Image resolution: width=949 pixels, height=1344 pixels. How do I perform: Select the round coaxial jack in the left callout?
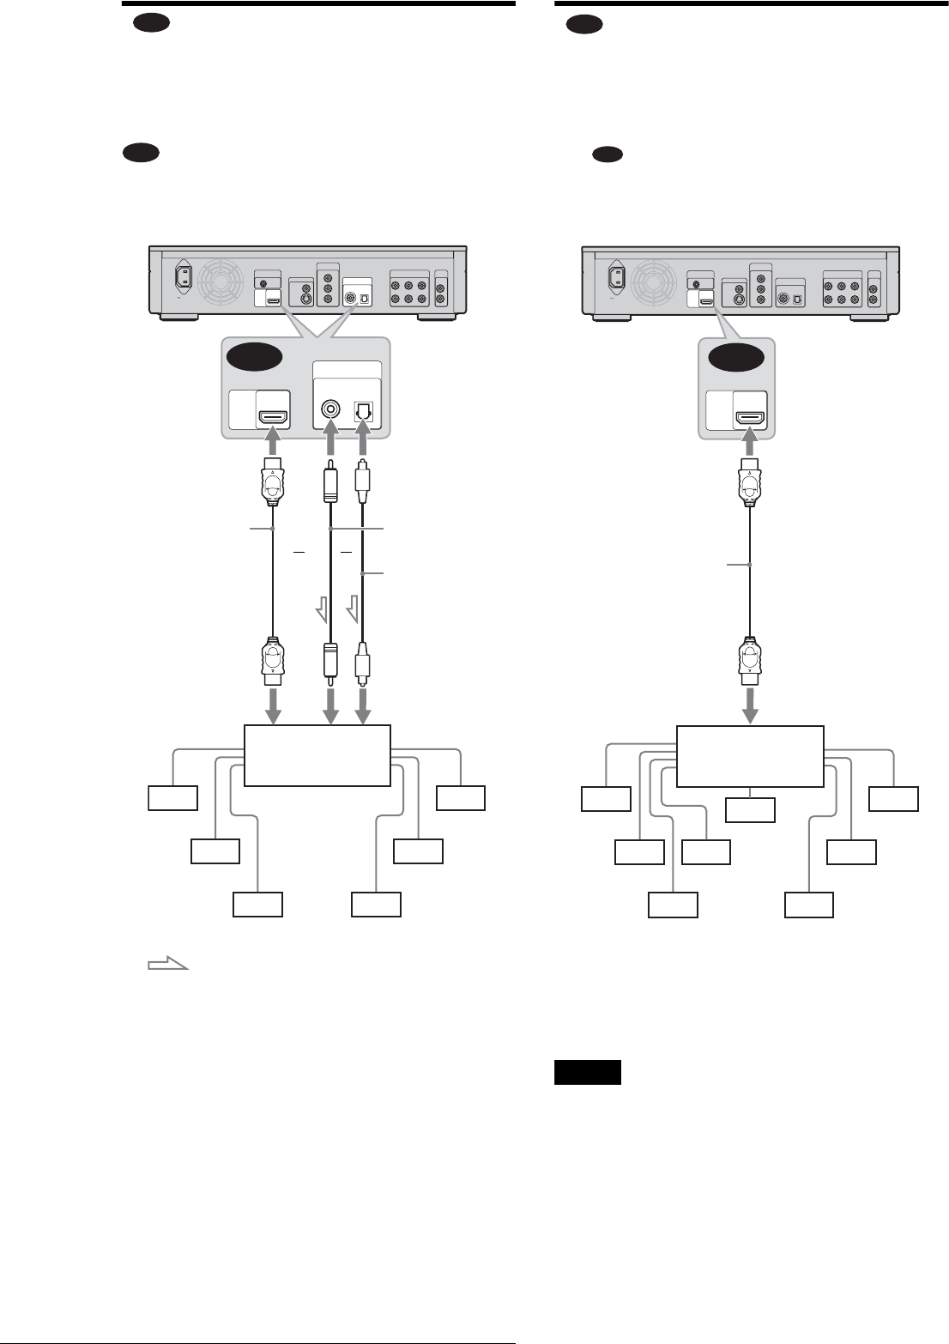[x=328, y=410]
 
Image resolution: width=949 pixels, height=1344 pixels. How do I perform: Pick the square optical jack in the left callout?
[x=364, y=410]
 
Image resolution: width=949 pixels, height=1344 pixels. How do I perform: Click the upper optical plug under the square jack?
[x=364, y=486]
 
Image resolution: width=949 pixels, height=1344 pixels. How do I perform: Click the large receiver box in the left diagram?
[x=317, y=754]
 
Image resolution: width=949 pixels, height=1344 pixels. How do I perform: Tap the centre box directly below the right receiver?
[x=750, y=810]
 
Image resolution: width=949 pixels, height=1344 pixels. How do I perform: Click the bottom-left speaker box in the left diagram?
[x=258, y=905]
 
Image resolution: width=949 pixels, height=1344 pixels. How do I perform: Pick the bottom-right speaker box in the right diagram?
[x=809, y=905]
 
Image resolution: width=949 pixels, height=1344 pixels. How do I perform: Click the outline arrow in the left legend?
[x=167, y=965]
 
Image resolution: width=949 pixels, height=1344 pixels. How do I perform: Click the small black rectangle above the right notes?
[x=587, y=1073]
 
